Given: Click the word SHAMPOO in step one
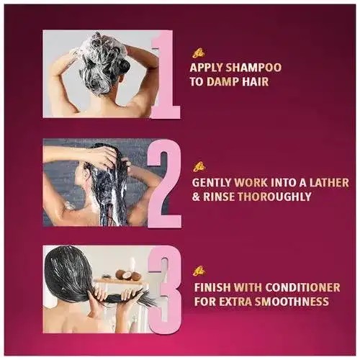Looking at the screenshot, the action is [x=253, y=68].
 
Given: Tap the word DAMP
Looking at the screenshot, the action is [x=222, y=81].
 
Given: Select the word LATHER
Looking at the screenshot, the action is [x=329, y=183].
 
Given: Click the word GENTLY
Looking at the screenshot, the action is [x=212, y=183].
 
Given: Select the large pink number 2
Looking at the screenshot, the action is [x=164, y=183].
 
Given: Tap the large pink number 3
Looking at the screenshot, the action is [x=165, y=289].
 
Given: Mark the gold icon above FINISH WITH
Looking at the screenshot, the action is [x=200, y=271].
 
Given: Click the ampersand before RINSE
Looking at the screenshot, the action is [x=197, y=197].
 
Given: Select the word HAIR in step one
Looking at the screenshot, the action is [x=255, y=81].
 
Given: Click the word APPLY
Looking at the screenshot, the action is [x=207, y=68].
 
